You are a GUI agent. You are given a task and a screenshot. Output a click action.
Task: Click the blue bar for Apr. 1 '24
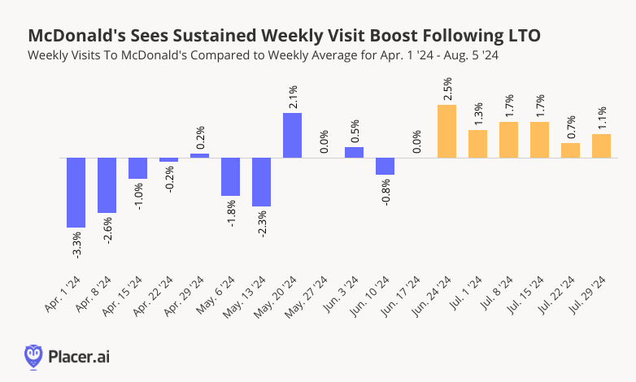click(76, 193)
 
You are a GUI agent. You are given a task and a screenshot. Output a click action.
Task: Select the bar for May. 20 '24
click(293, 135)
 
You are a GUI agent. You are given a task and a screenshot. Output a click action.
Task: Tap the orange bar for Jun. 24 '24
click(447, 131)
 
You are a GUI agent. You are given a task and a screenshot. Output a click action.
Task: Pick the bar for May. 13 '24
click(262, 182)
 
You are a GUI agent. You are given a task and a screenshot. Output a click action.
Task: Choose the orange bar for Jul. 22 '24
click(571, 150)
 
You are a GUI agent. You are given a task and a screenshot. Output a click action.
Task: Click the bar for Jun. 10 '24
click(386, 166)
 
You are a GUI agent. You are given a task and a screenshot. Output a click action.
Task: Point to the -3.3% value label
click(76, 245)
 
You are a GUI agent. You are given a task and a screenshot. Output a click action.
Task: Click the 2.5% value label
click(447, 89)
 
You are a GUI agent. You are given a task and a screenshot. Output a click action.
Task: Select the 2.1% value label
click(293, 97)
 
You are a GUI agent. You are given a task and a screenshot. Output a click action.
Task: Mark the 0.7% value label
click(571, 127)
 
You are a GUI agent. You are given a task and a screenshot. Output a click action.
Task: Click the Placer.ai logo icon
click(33, 355)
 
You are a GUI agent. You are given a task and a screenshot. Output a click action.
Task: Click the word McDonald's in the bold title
click(76, 36)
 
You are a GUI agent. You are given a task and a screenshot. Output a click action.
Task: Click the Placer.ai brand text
click(79, 355)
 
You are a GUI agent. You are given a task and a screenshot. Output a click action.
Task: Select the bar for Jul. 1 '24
click(478, 144)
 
